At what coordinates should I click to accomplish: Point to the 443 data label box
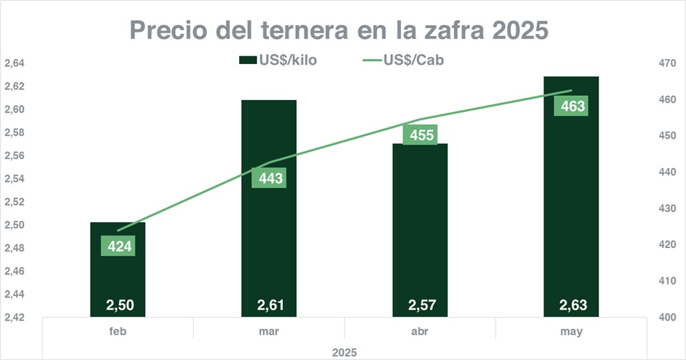coord(270,179)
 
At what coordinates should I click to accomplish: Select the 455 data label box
coord(422,135)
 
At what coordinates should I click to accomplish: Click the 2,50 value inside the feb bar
coord(117,304)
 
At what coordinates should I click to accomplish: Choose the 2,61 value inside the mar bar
coord(269,304)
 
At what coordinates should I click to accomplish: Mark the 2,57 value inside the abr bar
coord(420,304)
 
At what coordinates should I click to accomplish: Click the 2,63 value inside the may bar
coord(571,304)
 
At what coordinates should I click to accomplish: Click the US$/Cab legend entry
coord(404,60)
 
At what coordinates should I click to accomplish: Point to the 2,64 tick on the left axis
coord(15,63)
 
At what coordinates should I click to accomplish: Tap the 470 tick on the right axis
coord(667,63)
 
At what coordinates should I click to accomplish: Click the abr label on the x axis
coord(420,332)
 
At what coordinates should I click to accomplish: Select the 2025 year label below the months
coord(344,352)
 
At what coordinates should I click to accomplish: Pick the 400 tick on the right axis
coord(667,318)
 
